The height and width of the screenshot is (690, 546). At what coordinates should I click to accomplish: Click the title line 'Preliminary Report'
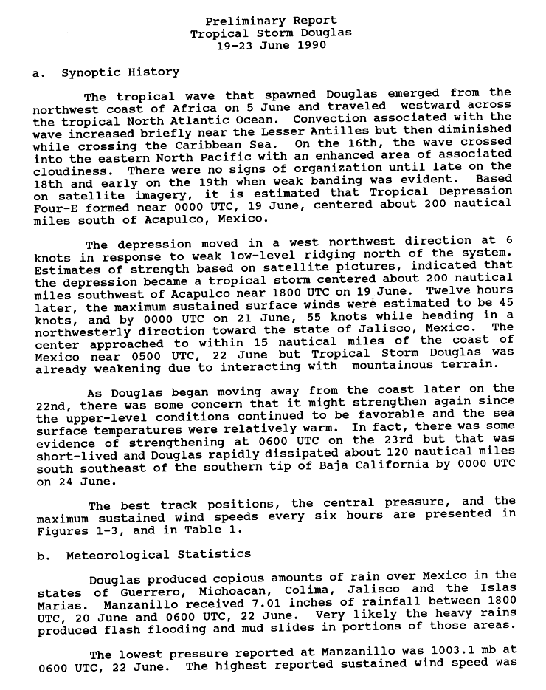click(x=271, y=21)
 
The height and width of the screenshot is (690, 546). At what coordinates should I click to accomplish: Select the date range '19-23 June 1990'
click(x=271, y=45)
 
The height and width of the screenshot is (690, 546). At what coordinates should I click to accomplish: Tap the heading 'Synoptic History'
click(x=120, y=72)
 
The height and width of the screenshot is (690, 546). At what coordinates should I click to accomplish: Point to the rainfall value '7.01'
click(x=250, y=604)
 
